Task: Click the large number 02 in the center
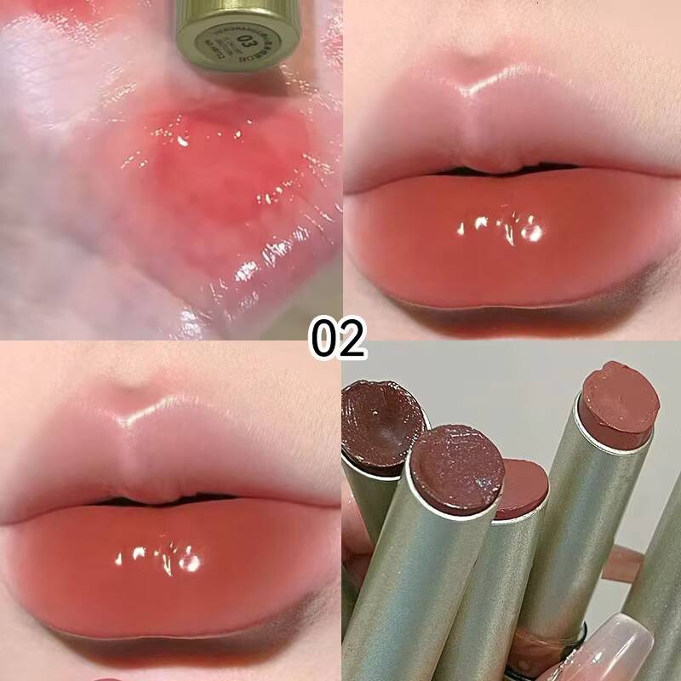[338, 338]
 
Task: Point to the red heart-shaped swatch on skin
[221, 170]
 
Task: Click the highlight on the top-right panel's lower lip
[498, 228]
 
